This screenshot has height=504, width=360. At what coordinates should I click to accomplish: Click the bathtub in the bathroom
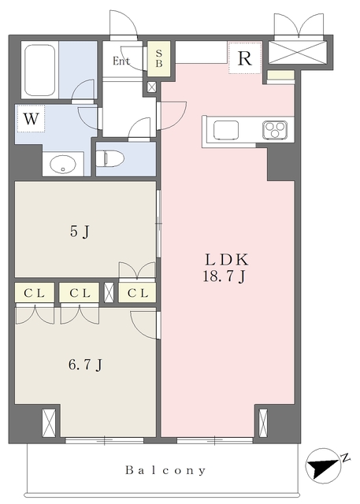point(40,70)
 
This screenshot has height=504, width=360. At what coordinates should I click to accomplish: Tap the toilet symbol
point(110,159)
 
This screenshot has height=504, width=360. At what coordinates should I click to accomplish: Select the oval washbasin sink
point(63,165)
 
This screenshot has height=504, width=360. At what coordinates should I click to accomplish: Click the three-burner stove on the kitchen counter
point(275,130)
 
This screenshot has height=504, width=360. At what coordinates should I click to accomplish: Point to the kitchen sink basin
point(226,130)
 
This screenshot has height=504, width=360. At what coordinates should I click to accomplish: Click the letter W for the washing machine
point(32,119)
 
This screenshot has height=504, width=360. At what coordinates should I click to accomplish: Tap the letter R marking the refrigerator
point(245,58)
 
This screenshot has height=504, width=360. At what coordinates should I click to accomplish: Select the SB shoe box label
point(159,58)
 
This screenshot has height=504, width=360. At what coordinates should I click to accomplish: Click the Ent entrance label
point(121,61)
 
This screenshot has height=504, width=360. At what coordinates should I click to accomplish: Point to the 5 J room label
point(80,232)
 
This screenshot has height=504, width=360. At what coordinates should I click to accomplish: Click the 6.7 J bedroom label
point(85,365)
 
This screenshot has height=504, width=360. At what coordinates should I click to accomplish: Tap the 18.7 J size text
point(224,276)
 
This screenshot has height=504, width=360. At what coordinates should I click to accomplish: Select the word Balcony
point(165,471)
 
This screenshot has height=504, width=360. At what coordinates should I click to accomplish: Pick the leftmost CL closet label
point(35,293)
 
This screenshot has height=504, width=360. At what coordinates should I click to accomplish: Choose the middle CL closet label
point(80,293)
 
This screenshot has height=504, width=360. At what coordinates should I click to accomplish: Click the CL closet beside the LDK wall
point(138,293)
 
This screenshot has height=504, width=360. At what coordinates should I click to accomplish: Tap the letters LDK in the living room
point(227,260)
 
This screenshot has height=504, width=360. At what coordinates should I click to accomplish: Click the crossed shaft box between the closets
point(109,292)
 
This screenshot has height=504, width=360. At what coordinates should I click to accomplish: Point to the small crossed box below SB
point(152,87)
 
